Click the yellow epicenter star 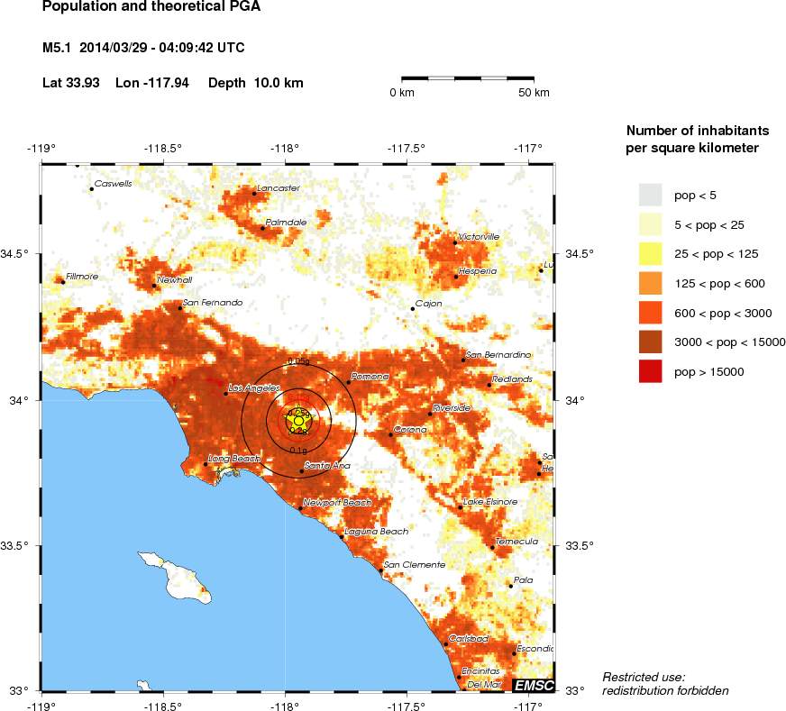point(298,421)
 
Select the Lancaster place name point(279,188)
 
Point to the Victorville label point(479,237)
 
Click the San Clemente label point(415,565)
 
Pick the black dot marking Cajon point(413,309)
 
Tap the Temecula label point(516,542)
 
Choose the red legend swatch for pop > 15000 point(650,370)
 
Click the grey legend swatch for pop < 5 point(650,195)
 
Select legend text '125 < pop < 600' point(720,284)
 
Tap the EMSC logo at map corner point(534,686)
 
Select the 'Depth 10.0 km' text point(256,83)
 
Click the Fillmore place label point(82,277)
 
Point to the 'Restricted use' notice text point(644,677)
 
